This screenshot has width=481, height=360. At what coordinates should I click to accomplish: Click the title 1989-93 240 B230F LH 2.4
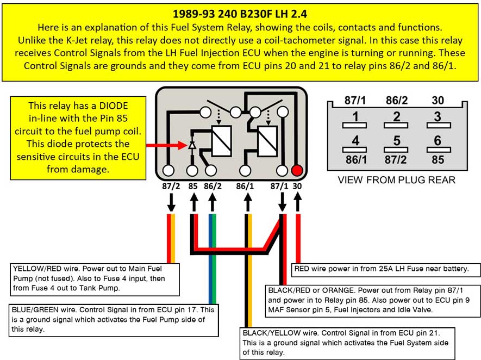pyautogui.click(x=240, y=13)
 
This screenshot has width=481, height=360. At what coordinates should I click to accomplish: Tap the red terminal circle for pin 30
pyautogui.click(x=297, y=170)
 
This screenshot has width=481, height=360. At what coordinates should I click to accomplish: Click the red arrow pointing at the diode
pyautogui.click(x=166, y=146)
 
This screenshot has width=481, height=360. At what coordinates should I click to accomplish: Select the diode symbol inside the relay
pyautogui.click(x=192, y=146)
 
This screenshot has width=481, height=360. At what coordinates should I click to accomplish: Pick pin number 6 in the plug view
pyautogui.click(x=438, y=140)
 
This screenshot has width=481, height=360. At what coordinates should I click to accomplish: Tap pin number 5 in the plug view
pyautogui.click(x=396, y=140)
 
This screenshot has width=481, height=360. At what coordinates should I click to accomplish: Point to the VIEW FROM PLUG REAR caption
pyautogui.click(x=396, y=180)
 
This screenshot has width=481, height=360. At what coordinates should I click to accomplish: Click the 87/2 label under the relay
pyautogui.click(x=171, y=186)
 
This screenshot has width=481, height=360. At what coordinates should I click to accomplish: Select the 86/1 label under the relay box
pyautogui.click(x=246, y=186)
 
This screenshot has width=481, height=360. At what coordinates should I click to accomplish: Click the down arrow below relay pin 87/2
pyautogui.click(x=171, y=202)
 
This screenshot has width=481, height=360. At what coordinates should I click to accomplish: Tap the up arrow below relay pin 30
pyautogui.click(x=297, y=202)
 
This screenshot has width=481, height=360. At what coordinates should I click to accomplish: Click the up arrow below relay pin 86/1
pyautogui.click(x=247, y=202)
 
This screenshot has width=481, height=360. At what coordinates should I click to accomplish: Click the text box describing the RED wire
pyautogui.click(x=386, y=269)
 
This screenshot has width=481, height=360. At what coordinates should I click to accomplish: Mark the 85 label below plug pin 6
pyautogui.click(x=437, y=160)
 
